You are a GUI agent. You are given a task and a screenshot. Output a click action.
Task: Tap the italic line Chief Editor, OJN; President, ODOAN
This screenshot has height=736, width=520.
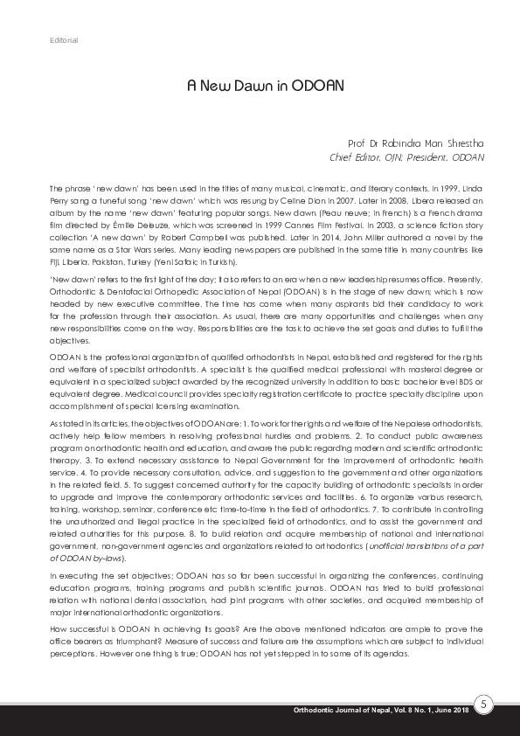tap(406, 157)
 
